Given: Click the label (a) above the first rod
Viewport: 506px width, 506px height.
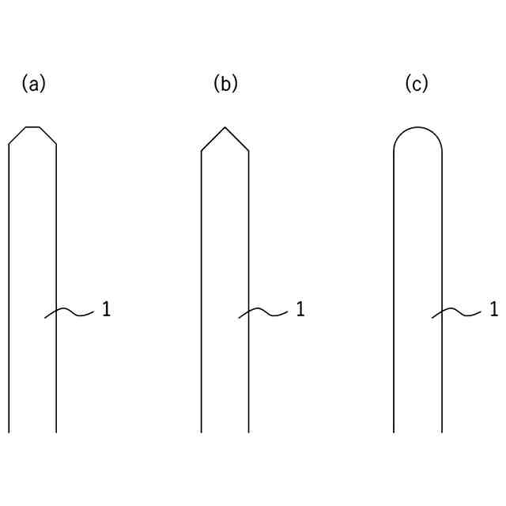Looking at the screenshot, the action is pyautogui.click(x=34, y=83).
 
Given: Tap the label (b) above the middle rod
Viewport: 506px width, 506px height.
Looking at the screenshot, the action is pyautogui.click(x=225, y=83).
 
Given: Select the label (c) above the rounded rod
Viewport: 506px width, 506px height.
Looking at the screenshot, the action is pyautogui.click(x=417, y=83).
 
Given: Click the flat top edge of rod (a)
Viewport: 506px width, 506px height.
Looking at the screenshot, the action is pyautogui.click(x=32, y=126).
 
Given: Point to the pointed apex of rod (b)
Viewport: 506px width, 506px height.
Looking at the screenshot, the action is pyautogui.click(x=225, y=127).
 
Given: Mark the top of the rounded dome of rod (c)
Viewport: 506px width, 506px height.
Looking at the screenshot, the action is pyautogui.click(x=417, y=126).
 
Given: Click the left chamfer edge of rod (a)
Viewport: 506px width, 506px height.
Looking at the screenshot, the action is pyautogui.click(x=17, y=135).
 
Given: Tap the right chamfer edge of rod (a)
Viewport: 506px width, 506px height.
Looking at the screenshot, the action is pyautogui.click(x=48, y=135).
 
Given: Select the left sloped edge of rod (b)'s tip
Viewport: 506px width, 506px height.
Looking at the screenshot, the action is pyautogui.click(x=213, y=139).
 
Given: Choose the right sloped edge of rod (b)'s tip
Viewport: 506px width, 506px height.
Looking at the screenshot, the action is pyautogui.click(x=238, y=139).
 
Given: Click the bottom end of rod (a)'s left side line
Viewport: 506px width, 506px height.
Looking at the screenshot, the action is pyautogui.click(x=9, y=432).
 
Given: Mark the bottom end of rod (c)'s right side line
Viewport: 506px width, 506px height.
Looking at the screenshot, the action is pyautogui.click(x=441, y=432).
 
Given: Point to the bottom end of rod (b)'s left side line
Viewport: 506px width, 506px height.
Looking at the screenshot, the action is pyautogui.click(x=202, y=432).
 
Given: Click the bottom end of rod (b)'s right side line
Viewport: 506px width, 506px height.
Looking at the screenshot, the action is pyautogui.click(x=249, y=432).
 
